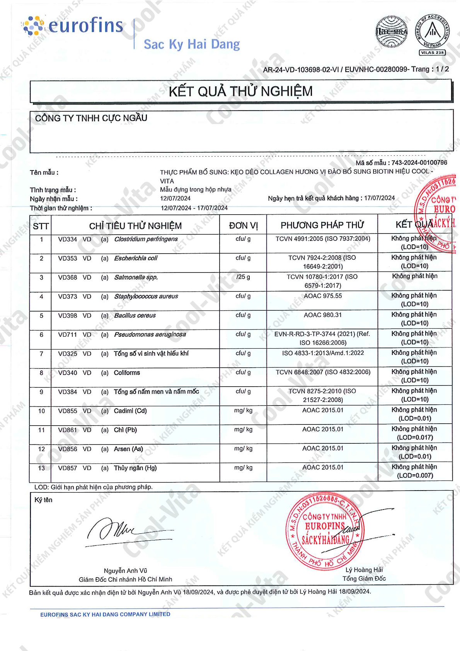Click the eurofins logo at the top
(x=73, y=26)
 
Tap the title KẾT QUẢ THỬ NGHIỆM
(x=240, y=92)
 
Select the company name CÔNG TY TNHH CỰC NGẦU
(x=91, y=118)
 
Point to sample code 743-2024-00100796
(x=419, y=163)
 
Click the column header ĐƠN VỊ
(x=243, y=226)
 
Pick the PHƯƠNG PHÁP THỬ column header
(x=322, y=225)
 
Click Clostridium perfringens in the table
(x=146, y=239)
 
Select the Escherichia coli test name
(x=136, y=258)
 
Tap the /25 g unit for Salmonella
(x=243, y=277)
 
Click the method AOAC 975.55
(x=322, y=296)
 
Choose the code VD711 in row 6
(x=68, y=335)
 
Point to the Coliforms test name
(x=127, y=373)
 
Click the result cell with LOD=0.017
(x=414, y=433)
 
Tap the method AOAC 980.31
(x=322, y=315)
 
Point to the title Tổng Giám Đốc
(x=364, y=579)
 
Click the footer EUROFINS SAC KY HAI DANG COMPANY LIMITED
(x=105, y=614)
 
